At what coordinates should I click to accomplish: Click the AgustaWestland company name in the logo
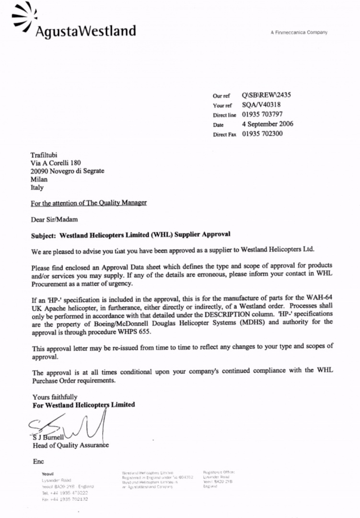85,32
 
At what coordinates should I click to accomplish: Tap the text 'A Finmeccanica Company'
299,33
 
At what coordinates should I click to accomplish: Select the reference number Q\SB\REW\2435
266,95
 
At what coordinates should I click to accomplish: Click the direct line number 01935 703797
262,115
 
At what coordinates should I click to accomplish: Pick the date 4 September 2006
267,124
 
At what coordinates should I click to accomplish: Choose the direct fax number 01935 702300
262,134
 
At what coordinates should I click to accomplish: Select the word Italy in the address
37,188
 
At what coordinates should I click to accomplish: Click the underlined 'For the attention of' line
89,203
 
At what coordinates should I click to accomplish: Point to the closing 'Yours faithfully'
55,397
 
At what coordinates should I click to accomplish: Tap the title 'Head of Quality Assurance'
70,445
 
